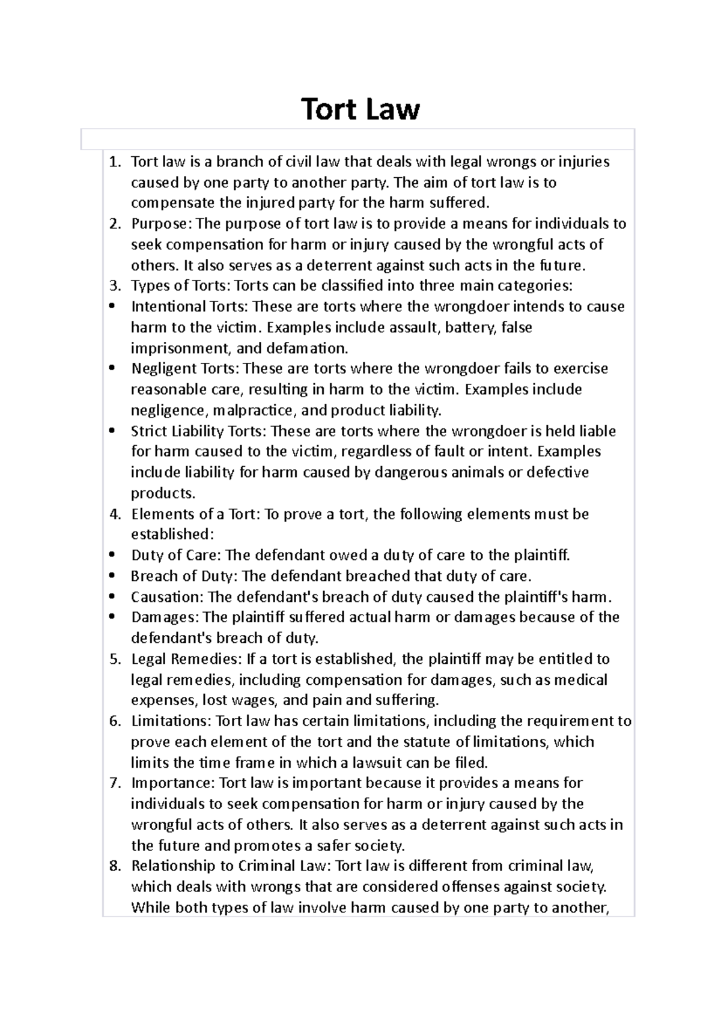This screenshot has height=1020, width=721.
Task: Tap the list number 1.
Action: pyautogui.click(x=114, y=162)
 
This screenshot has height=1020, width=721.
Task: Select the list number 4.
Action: pyautogui.click(x=114, y=514)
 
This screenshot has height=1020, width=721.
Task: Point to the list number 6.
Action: pyautogui.click(x=114, y=721)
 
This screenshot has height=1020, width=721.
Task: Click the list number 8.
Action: pyautogui.click(x=114, y=866)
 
